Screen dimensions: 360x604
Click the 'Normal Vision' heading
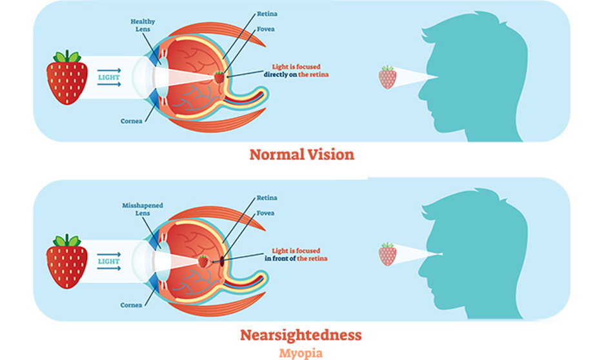tap(301, 155)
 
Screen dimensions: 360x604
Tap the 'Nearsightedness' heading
tap(301, 335)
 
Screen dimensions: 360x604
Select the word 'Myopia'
tap(301, 353)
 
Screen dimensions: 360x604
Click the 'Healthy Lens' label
tap(142, 25)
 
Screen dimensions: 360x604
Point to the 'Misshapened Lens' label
tap(142, 209)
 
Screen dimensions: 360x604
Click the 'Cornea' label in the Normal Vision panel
tap(131, 121)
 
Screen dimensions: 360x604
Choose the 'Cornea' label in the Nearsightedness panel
tap(131, 305)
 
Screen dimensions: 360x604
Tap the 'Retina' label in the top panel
tap(267, 14)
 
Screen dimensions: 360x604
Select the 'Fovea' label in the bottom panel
tap(265, 213)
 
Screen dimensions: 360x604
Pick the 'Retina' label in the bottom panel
tap(267, 198)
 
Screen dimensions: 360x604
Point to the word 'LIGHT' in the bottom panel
tap(108, 261)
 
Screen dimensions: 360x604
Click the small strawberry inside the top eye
tap(219, 77)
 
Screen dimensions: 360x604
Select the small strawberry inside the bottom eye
tap(203, 261)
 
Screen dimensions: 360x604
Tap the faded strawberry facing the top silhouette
tap(387, 77)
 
